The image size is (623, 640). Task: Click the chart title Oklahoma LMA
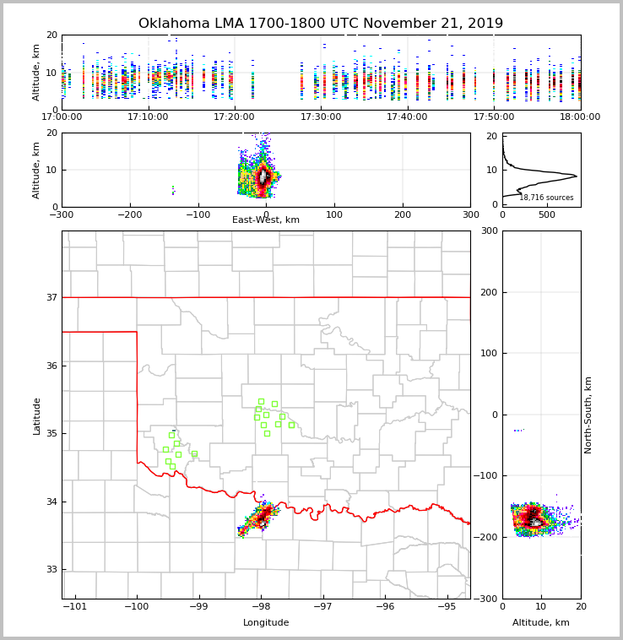320,24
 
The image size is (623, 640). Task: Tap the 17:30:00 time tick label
321,117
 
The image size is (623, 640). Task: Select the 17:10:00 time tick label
148,117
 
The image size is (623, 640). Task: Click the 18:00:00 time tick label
580,117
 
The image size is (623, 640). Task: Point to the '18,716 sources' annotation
546,198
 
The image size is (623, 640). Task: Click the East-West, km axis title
266,220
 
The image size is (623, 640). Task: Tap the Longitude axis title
266,623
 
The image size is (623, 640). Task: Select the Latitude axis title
37,415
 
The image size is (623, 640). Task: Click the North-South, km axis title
588,415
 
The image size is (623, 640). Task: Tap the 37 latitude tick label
51,297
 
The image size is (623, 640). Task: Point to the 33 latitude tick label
51,569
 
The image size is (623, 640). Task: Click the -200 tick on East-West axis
129,214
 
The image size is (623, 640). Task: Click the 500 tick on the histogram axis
546,214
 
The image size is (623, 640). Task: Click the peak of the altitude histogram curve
576,176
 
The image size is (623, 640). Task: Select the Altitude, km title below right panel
541,623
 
